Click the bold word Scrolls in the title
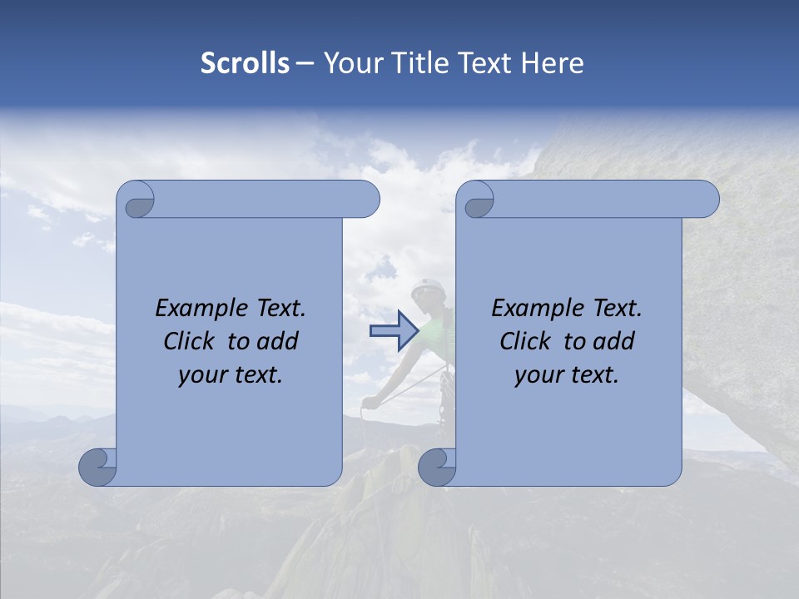point(245,63)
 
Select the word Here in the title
point(553,63)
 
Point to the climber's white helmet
point(427,286)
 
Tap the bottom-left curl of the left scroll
point(98,466)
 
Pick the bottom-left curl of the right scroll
point(437,466)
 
